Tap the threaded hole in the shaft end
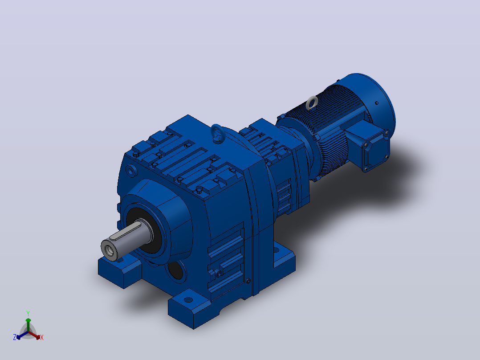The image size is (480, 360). [109, 250]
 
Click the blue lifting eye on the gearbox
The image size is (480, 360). [218, 134]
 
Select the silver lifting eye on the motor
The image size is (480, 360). [312, 103]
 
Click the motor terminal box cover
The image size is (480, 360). [376, 151]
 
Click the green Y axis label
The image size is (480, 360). [28, 313]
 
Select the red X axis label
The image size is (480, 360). [42, 337]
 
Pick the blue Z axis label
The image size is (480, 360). [14, 337]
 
